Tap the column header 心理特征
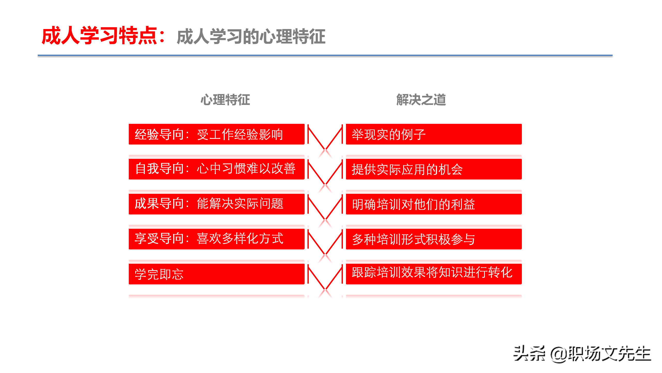click(x=225, y=100)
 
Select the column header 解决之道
click(x=421, y=100)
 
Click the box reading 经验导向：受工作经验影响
click(x=216, y=134)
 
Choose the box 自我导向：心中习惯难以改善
click(x=216, y=169)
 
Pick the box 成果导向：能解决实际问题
click(x=216, y=204)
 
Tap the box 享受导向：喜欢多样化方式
click(x=216, y=239)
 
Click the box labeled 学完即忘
click(x=216, y=274)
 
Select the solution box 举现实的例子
click(x=434, y=134)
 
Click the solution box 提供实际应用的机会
click(x=434, y=169)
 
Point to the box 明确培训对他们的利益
click(x=434, y=204)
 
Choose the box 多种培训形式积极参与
click(x=434, y=239)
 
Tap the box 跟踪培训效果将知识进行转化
click(x=434, y=274)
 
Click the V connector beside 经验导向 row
click(x=325, y=137)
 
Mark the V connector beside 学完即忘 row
click(x=325, y=277)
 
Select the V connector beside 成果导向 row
click(x=325, y=207)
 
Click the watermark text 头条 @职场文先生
click(x=582, y=354)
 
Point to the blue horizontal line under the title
click(x=325, y=55)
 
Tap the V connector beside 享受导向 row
click(x=325, y=242)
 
